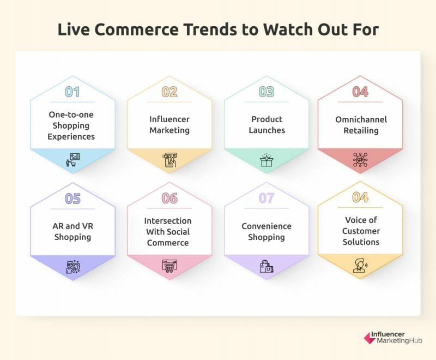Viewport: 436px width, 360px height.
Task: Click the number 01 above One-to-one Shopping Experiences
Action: point(72,92)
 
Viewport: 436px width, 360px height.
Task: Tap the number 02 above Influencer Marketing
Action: point(169,92)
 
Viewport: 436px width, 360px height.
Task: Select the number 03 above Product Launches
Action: point(267,92)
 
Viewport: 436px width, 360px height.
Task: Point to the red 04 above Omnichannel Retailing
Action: point(360,92)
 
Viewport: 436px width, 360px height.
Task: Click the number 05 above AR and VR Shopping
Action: point(72,199)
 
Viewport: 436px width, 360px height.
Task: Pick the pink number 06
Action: point(169,198)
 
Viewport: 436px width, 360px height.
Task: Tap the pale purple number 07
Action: point(267,198)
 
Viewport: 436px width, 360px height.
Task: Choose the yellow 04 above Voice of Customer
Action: point(360,197)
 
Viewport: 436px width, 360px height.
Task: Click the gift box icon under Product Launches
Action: point(267,160)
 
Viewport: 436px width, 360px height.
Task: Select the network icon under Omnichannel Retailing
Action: point(360,160)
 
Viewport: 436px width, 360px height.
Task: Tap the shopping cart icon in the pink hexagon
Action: point(169,266)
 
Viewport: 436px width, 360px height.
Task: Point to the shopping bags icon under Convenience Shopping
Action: point(267,266)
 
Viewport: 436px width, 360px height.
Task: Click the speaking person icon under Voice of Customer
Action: point(360,265)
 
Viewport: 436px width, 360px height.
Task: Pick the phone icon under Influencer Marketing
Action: point(169,160)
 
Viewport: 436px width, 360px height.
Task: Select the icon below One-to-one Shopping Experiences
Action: point(73,160)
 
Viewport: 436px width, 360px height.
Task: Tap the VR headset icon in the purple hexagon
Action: point(73,267)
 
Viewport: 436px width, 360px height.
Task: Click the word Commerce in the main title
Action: point(136,29)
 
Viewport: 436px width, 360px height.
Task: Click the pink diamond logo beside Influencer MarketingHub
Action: point(370,338)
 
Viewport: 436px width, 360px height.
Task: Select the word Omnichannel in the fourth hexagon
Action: point(361,119)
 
